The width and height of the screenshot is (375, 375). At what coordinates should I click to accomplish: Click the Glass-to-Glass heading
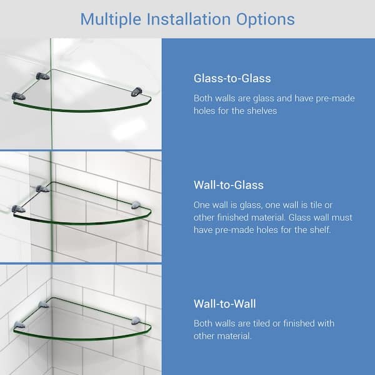click(232, 79)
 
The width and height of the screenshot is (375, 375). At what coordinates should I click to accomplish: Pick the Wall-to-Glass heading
click(229, 185)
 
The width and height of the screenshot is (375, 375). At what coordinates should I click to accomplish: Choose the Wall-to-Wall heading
click(225, 304)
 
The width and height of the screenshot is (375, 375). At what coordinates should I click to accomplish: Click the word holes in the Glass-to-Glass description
click(207, 111)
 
